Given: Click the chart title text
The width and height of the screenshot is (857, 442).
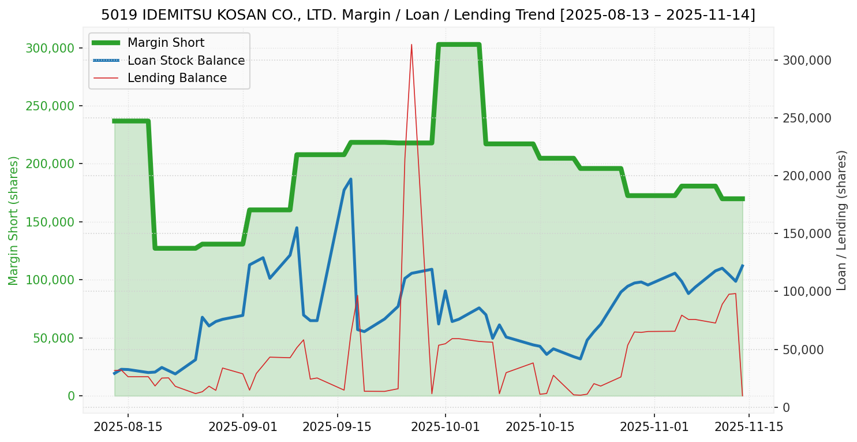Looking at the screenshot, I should coord(428,15).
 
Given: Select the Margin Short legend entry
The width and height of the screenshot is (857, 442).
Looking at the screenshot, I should coord(166,43).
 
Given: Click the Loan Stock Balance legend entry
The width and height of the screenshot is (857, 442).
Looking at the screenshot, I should coord(186,61).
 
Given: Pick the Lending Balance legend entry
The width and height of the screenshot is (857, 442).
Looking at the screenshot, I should coord(177,78).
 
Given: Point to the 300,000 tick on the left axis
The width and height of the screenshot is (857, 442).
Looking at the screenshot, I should coord(51,48).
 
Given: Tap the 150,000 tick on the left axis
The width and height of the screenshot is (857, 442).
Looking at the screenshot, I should coord(51,222).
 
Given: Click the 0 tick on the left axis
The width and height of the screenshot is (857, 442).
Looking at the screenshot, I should coord(72,396).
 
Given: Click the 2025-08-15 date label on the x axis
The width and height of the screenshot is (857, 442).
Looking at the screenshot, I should coord(128,428).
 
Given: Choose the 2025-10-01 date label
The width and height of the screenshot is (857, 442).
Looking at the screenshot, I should coord(446,428).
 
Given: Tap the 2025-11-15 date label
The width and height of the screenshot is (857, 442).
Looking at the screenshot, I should coord(749,428).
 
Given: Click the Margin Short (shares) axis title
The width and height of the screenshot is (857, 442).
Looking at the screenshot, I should coord(13,221).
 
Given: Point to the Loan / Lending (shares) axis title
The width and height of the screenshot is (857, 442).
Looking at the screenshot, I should coord(841,220).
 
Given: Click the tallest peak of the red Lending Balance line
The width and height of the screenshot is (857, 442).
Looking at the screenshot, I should coord(411,44).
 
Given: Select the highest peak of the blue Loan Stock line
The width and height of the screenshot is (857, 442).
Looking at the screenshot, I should coord(351,179).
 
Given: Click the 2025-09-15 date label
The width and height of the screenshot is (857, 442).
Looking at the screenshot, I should coord(337,428).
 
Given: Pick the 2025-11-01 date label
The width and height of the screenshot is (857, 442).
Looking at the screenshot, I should coord(654,428).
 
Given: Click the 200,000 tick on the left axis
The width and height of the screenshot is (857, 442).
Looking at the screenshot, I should coord(51,164).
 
